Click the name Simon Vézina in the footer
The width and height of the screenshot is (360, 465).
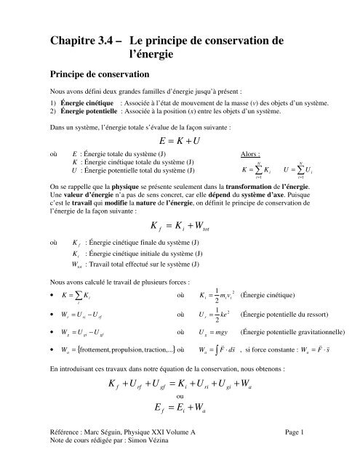[x=151, y=460]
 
